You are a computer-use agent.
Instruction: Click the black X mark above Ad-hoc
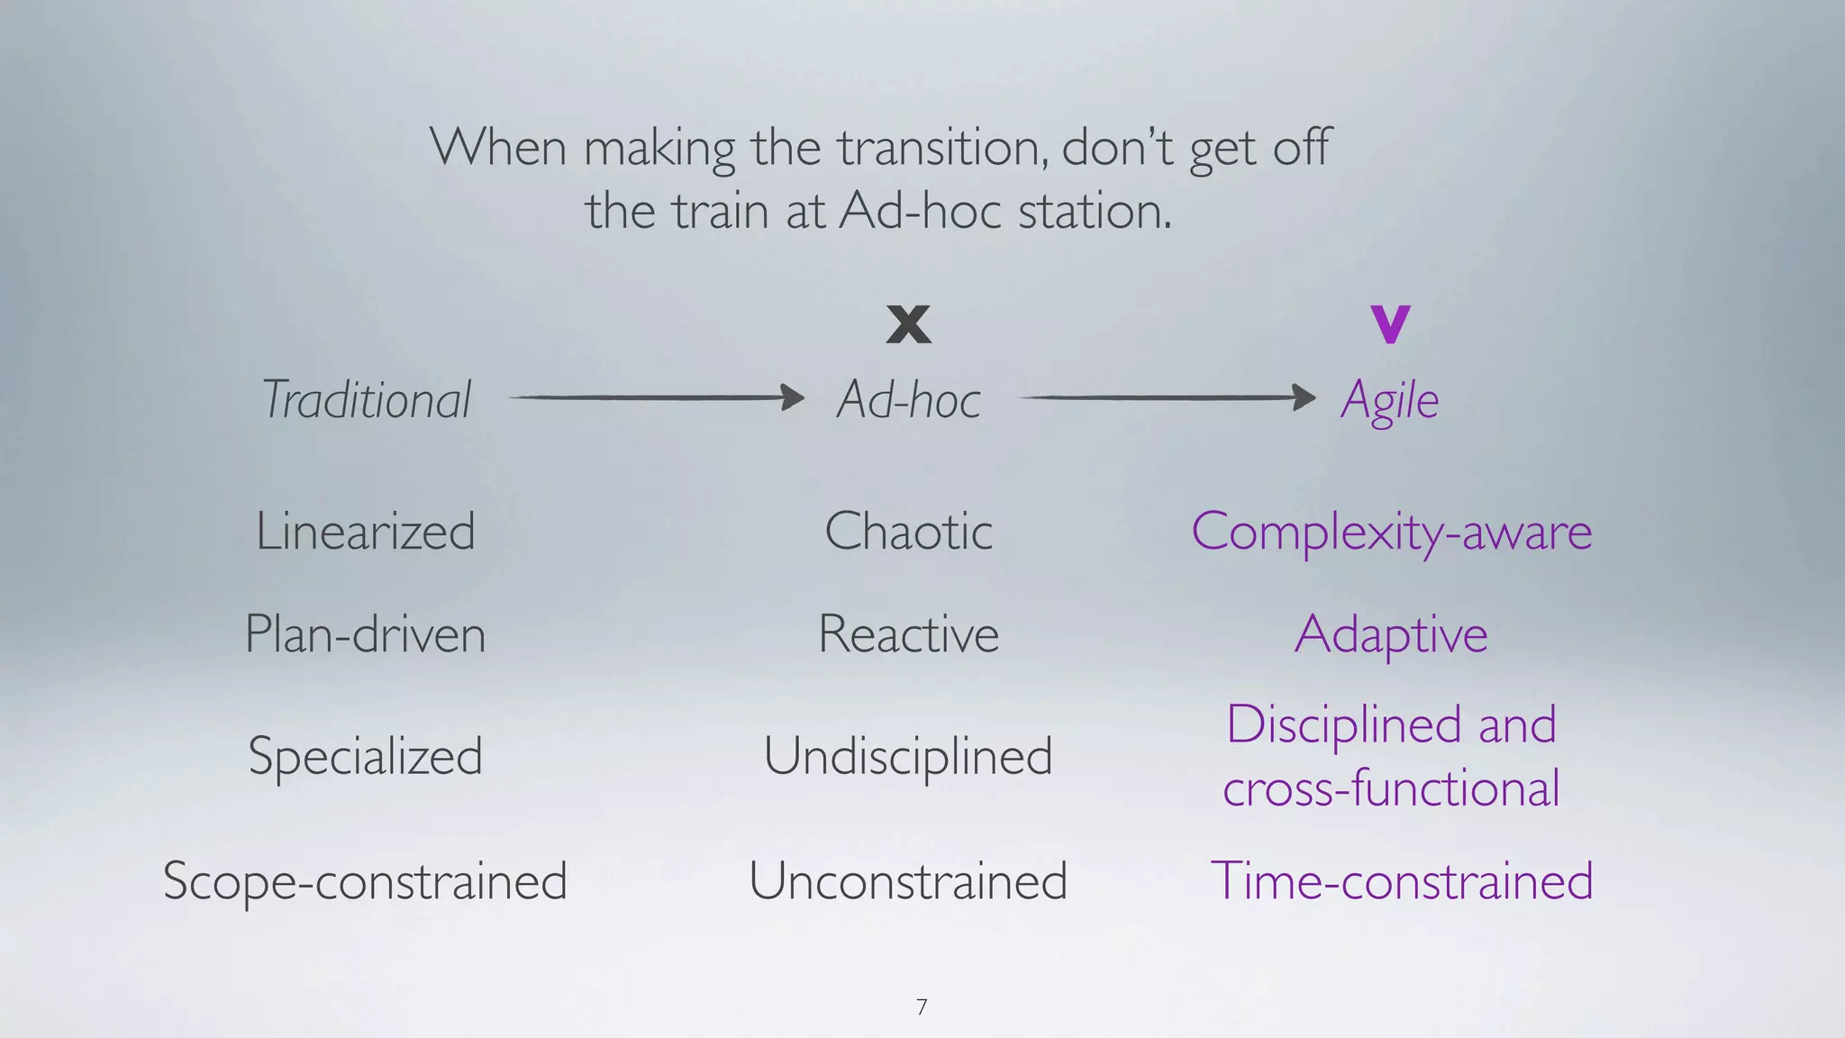coord(908,324)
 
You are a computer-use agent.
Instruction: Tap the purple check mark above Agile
coord(1390,324)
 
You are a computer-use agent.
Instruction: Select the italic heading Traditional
coord(366,400)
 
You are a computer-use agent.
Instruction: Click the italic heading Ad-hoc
coord(908,400)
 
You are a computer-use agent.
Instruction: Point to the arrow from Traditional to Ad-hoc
coord(657,397)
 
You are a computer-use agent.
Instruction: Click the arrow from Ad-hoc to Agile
coord(1168,397)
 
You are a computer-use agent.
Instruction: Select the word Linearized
coord(365,531)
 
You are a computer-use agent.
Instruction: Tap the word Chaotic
coord(908,531)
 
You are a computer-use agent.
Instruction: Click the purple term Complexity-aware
coord(1391,532)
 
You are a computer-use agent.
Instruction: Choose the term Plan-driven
coord(365,634)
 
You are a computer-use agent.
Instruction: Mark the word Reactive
coord(908,634)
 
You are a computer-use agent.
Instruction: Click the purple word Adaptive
coord(1391,635)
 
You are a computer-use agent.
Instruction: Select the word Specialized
coord(365,756)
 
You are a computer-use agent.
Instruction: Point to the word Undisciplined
coord(908,756)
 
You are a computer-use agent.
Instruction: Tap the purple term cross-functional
coord(1391,788)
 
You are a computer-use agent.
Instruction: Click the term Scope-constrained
coord(365,880)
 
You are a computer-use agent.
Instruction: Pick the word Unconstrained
coord(908,880)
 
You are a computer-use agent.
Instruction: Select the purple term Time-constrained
coord(1402,880)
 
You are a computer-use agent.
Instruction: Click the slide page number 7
coord(921,1007)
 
